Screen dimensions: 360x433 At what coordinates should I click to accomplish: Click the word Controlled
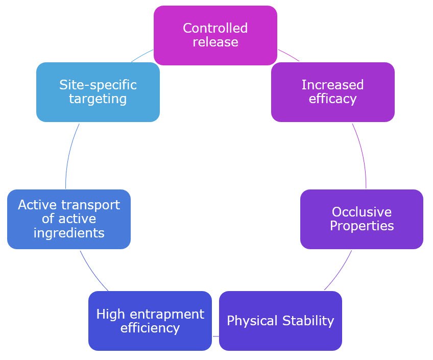(x=215, y=28)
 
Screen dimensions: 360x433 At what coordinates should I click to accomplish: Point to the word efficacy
(x=332, y=99)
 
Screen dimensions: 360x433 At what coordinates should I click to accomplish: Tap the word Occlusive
(x=362, y=212)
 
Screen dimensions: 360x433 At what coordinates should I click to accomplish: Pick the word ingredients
(x=68, y=233)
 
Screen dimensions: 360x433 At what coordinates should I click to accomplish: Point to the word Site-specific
(x=98, y=85)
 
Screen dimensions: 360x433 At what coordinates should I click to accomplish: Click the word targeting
(x=98, y=99)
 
